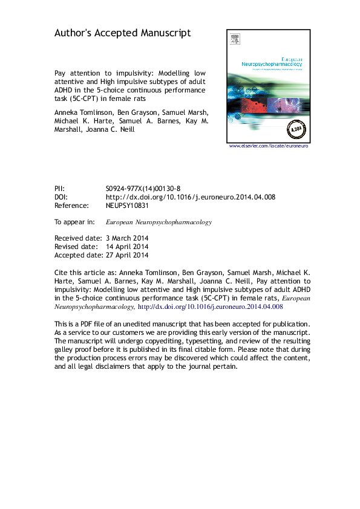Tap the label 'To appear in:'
tap(74, 222)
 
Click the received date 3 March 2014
tap(126, 238)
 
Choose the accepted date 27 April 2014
tap(126, 255)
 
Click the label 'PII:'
tap(61, 189)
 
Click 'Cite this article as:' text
tap(85, 273)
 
